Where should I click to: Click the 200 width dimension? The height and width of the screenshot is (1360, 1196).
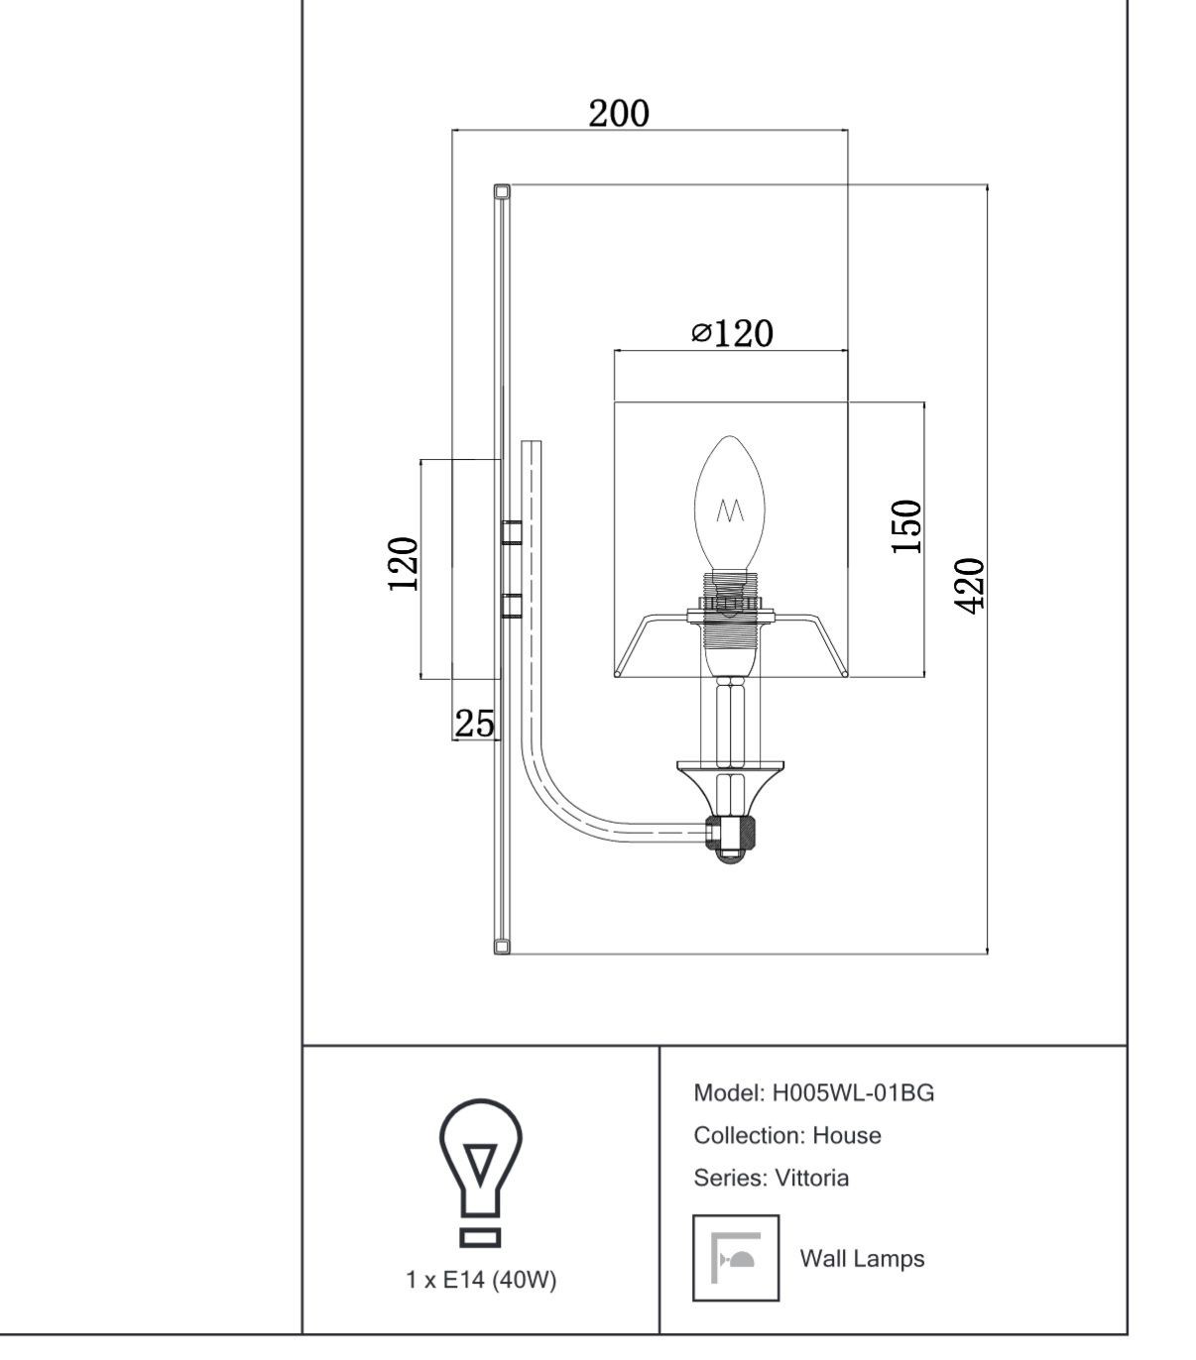[x=619, y=113]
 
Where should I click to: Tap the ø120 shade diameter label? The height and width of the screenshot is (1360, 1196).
[x=732, y=333]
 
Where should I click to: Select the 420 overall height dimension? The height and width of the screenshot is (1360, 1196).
[x=970, y=586]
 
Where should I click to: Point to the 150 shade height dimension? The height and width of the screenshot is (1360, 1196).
[x=906, y=527]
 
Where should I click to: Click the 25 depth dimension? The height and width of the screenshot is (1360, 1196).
[x=475, y=724]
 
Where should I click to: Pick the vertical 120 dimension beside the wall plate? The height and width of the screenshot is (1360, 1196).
[x=403, y=564]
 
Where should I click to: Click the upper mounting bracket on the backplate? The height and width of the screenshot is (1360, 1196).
[x=512, y=531]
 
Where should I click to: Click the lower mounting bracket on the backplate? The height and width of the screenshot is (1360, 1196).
[x=512, y=605]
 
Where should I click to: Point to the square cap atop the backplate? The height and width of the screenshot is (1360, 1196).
[x=502, y=192]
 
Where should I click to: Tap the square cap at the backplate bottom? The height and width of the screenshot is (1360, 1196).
[x=502, y=947]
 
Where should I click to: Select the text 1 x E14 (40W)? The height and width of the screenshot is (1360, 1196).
[x=482, y=1280]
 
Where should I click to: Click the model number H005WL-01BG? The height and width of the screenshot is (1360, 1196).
[x=853, y=1093]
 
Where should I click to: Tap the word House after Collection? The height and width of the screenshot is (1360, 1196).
[x=847, y=1136]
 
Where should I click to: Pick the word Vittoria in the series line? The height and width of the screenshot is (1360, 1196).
[x=811, y=1178]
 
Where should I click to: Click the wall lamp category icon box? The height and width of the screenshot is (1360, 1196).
[x=736, y=1258]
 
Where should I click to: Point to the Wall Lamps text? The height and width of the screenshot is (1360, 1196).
[x=862, y=1259]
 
